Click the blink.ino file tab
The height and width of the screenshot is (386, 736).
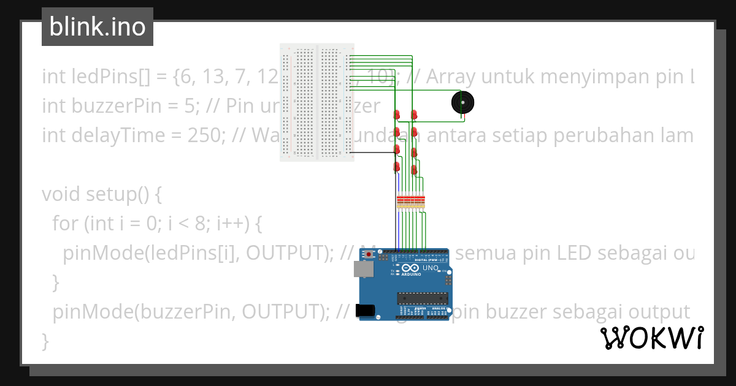pos(97,27)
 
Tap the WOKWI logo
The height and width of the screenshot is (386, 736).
pos(651,338)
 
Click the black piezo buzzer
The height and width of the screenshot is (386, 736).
pos(462,103)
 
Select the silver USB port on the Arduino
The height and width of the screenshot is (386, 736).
pos(364,269)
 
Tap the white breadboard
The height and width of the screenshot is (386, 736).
pos(316,102)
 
